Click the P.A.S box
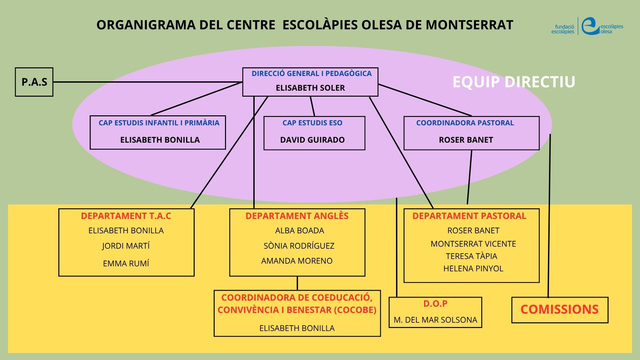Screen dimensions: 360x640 click(x=34, y=82)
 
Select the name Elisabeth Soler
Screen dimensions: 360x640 click(x=310, y=88)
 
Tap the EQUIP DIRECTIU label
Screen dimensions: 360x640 click(x=514, y=82)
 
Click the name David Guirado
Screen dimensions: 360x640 click(x=312, y=140)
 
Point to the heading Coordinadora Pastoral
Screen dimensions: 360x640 click(x=465, y=123)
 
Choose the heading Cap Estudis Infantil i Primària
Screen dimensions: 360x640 click(x=159, y=123)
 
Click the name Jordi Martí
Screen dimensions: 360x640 click(x=126, y=246)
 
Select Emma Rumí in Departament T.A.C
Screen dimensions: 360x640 click(x=126, y=264)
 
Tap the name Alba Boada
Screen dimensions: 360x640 click(x=299, y=231)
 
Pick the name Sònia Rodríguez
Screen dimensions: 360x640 click(x=299, y=246)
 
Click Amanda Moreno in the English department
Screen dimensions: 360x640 click(x=297, y=261)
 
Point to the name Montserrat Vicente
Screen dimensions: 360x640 click(x=473, y=244)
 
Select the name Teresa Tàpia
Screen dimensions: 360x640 click(x=471, y=256)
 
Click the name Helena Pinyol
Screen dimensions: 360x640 click(x=473, y=269)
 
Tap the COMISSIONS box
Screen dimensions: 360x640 click(x=560, y=310)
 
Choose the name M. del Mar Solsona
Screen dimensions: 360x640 click(x=435, y=320)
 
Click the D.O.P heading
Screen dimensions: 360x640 click(x=435, y=304)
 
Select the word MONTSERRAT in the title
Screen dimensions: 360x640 click(x=469, y=25)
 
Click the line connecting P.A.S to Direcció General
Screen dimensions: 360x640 click(x=147, y=82)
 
